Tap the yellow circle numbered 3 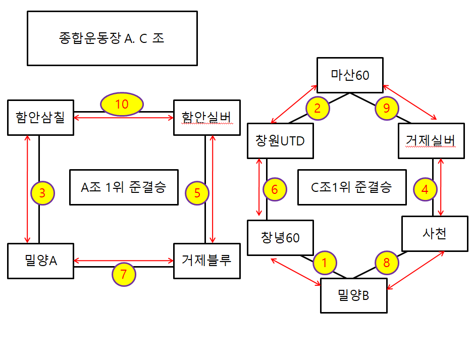pos(42,192)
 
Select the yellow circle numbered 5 pos(197,192)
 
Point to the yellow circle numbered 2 pos(318,108)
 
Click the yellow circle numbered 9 pos(387,108)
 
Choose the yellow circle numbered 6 pos(275,190)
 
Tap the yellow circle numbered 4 pos(425,190)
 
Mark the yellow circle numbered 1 pos(325,262)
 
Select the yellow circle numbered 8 pos(387,263)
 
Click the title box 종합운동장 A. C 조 pos(112,39)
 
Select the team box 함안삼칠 pos(40,118)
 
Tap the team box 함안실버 pos(206,118)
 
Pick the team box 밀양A pos(40,261)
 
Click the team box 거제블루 pos(206,261)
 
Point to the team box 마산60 pos(350,76)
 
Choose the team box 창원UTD pos(279,141)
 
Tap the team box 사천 pos(434,234)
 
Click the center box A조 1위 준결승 pos(123,187)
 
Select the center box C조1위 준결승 pos(352,187)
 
